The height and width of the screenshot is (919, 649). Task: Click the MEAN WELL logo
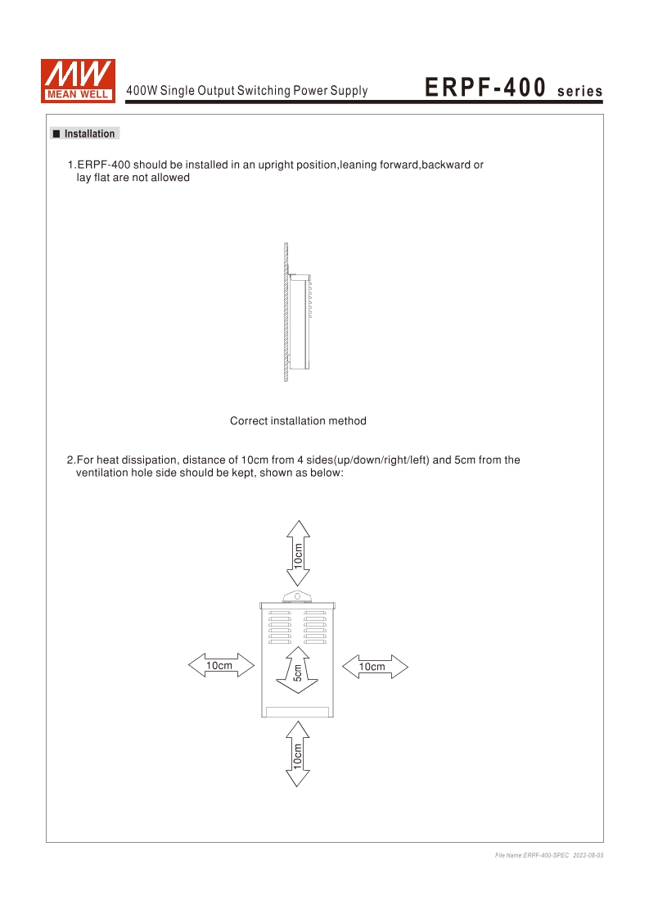point(79,82)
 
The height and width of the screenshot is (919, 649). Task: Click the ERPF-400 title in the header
point(485,88)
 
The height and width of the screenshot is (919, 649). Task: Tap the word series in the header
point(579,91)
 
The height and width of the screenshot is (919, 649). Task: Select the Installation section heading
point(89,134)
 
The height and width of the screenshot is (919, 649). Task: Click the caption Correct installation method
point(298,421)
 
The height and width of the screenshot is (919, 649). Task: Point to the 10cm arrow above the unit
point(298,555)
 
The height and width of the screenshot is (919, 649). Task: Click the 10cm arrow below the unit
point(298,754)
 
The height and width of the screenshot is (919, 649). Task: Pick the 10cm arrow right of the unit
point(373,666)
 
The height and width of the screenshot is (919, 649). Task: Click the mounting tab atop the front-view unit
point(298,596)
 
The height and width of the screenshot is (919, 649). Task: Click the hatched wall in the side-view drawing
point(286,311)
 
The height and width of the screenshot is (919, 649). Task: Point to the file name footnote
point(532,855)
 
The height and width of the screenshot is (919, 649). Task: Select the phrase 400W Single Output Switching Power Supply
point(246,91)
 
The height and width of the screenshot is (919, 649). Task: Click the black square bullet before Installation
point(56,134)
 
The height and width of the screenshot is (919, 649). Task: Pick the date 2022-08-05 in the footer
point(588,855)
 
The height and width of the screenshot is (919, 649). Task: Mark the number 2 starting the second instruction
point(70,459)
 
